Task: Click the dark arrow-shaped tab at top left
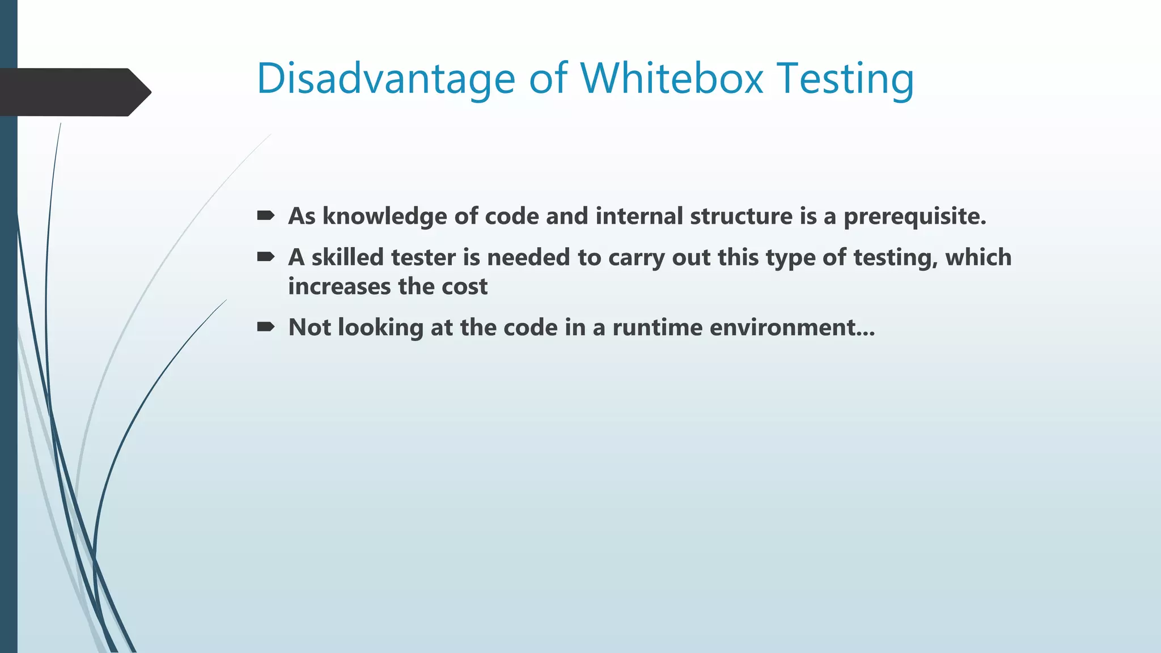[x=74, y=92]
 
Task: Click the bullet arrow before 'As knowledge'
[x=265, y=215]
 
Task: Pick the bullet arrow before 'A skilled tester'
[x=265, y=257]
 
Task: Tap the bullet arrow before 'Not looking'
[x=265, y=326]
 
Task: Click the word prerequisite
[x=914, y=217]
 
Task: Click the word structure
[x=741, y=217]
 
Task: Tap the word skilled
[x=347, y=257]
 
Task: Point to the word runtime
[x=657, y=328]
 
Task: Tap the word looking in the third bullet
[x=380, y=328]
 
